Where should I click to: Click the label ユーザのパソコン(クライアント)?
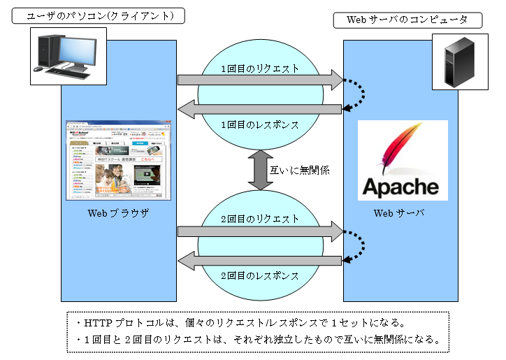pyautogui.click(x=100, y=15)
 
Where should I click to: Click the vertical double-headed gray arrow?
pyautogui.click(x=260, y=170)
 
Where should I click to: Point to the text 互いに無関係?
pyautogui.click(x=299, y=170)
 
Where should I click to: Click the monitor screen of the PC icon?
pyautogui.click(x=73, y=49)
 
